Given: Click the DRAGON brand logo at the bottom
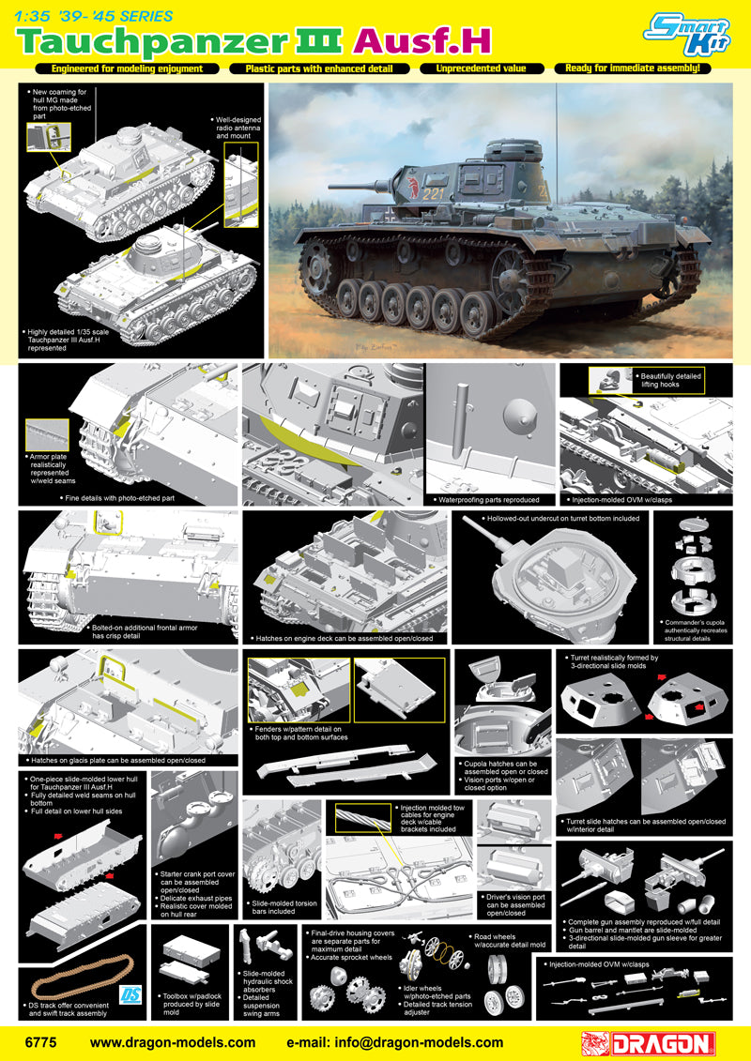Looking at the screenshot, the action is [648, 1043].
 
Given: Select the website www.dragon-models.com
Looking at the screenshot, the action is [173, 1043].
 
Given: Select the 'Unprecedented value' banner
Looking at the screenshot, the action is [483, 68].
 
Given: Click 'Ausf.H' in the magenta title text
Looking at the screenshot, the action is [421, 41].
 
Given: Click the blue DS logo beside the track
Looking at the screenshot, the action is [131, 993].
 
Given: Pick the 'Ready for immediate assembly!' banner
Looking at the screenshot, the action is [628, 68].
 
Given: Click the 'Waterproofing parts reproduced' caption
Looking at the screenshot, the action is [489, 500].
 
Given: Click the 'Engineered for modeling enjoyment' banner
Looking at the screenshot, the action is [129, 68].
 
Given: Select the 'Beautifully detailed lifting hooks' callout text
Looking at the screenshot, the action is [670, 380].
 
